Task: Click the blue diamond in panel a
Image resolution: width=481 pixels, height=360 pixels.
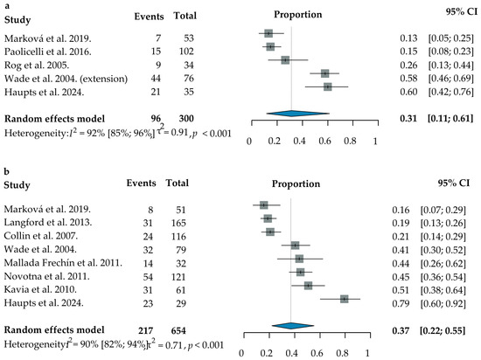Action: point(298,114)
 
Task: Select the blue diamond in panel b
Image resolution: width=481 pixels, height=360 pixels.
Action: point(293,326)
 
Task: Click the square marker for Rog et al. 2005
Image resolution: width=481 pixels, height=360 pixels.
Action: point(285,60)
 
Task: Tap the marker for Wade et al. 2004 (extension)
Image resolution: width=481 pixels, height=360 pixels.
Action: point(324,73)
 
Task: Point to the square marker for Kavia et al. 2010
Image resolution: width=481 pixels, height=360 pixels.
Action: point(309,286)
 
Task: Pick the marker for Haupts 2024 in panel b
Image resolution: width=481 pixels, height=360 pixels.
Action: point(345,299)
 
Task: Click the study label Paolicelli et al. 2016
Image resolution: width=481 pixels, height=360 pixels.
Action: point(48,52)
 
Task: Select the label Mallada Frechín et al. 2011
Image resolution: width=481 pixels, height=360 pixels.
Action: point(63,263)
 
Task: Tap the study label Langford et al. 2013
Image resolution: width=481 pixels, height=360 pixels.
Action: point(48,222)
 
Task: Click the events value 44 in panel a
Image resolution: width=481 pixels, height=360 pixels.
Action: point(156,79)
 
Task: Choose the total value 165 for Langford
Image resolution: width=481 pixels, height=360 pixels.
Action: point(178,223)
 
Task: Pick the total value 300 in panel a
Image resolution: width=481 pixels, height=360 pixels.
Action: point(186,119)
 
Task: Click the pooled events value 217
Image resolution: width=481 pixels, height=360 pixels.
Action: point(145,331)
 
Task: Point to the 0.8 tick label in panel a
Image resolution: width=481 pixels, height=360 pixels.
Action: point(350,141)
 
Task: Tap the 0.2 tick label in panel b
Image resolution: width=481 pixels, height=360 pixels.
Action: point(266,353)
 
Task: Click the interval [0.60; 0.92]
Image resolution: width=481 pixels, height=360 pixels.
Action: point(443,303)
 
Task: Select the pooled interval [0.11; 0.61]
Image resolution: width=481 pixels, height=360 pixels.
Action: point(450,119)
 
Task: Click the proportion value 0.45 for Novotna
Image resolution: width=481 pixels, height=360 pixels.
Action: point(401,277)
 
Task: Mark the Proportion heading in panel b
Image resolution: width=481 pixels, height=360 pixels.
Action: point(296,183)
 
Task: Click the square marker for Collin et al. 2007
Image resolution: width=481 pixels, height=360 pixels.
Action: point(270,232)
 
